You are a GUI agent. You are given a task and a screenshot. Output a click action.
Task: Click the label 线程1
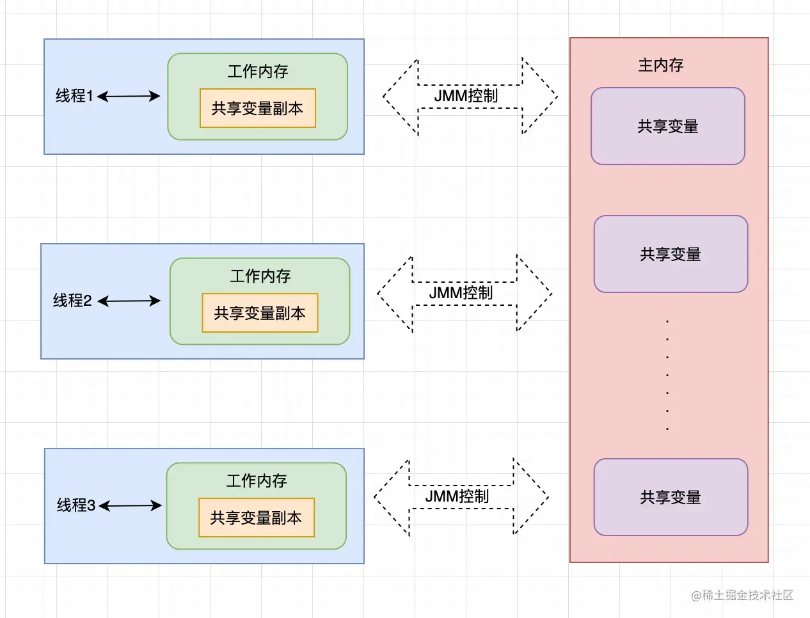click(x=74, y=96)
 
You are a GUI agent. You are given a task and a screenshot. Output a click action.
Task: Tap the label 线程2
click(x=72, y=301)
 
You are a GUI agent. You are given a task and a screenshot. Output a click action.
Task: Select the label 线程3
click(x=75, y=505)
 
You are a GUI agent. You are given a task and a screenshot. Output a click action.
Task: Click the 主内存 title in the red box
click(x=661, y=65)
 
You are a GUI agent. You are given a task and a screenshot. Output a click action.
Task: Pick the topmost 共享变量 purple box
click(x=667, y=126)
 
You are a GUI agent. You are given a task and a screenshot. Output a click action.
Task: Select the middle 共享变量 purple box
click(x=671, y=254)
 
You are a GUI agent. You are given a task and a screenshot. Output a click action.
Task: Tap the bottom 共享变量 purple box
click(x=671, y=497)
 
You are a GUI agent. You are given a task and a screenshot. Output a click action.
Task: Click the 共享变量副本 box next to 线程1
click(x=257, y=108)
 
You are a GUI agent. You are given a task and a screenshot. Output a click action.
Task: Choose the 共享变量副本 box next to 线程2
click(x=260, y=313)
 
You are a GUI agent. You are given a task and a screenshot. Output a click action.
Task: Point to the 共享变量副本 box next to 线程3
click(x=256, y=518)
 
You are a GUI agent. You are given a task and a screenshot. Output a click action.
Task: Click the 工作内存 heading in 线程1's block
click(x=258, y=71)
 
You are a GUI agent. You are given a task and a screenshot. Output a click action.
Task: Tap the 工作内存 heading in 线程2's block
click(x=260, y=276)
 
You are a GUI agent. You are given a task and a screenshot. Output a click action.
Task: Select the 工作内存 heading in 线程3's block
click(x=257, y=480)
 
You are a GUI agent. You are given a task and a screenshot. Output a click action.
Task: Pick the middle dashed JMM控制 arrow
click(x=464, y=294)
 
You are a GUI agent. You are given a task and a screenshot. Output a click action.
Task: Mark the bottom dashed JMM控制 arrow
click(x=461, y=497)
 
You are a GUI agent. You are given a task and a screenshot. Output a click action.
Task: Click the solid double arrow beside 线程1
click(x=129, y=97)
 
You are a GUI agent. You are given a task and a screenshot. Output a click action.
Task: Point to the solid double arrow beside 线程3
click(x=131, y=506)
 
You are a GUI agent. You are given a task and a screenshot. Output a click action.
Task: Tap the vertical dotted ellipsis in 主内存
click(x=667, y=374)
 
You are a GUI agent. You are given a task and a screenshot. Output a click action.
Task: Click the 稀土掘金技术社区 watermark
click(x=742, y=596)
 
